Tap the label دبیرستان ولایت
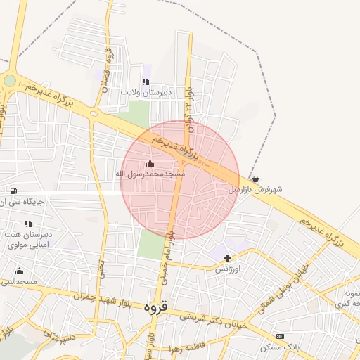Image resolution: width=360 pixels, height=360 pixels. click(145, 92)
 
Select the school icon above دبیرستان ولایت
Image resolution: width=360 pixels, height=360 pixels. click(146, 82)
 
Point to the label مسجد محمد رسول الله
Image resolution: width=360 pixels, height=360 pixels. click(150, 173)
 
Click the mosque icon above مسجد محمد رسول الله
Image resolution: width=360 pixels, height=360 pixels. click(149, 164)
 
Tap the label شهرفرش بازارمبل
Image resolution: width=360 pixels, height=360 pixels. click(255, 189)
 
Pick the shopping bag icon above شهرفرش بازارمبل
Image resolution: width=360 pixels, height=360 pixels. click(255, 179)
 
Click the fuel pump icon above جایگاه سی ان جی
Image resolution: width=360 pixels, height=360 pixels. click(13, 191)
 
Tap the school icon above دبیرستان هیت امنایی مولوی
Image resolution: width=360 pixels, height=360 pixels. click(28, 224)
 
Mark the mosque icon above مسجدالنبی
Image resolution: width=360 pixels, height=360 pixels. click(19, 271)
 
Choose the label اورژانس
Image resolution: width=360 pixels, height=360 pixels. click(227, 269)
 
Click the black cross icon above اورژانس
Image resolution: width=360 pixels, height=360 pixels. click(227, 258)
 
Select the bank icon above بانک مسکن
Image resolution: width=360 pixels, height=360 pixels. click(280, 337)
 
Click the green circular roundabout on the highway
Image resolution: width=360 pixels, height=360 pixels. click(9, 81)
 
